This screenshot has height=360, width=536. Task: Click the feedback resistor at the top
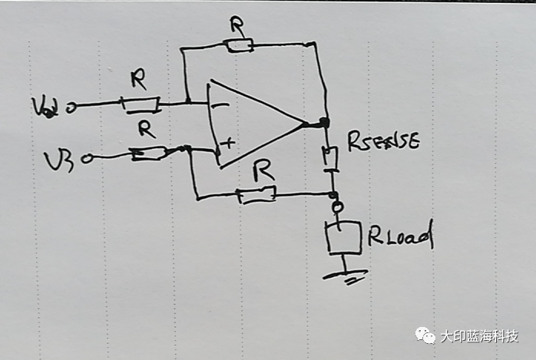click(240, 45)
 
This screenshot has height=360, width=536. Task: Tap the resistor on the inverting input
click(141, 104)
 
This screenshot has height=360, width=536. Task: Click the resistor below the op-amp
click(256, 196)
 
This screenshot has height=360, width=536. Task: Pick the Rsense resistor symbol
click(330, 158)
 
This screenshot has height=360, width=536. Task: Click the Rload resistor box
click(343, 237)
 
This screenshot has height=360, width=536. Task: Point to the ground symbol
click(343, 275)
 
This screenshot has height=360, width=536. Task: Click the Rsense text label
click(383, 140)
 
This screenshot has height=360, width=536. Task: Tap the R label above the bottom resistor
click(263, 173)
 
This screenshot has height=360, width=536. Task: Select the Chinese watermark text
click(478, 336)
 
